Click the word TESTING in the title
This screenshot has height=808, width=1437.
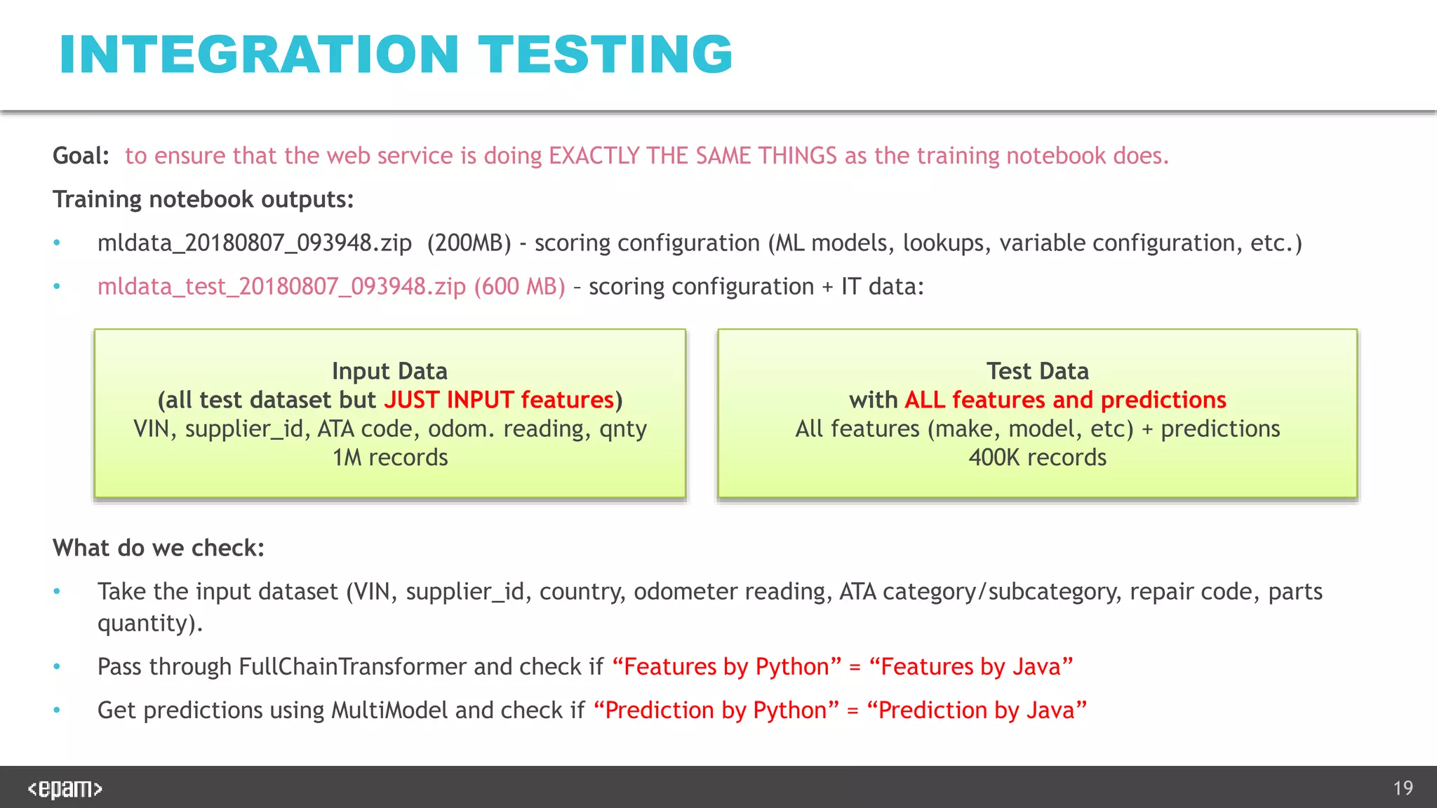point(605,55)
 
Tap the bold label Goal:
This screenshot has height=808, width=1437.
point(81,156)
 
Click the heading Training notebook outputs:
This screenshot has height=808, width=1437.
point(203,199)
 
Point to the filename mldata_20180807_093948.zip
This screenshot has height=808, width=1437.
point(254,243)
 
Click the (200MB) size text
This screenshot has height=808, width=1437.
point(469,243)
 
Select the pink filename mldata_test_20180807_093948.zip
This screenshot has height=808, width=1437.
point(281,287)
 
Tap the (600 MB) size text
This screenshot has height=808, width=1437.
point(519,287)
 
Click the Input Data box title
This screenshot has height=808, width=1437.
point(389,371)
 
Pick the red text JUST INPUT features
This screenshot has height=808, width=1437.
point(499,400)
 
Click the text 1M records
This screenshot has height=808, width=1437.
point(389,457)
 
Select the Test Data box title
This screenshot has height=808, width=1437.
point(1037,371)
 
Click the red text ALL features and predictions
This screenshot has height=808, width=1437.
point(1065,400)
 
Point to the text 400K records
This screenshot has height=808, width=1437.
point(1037,457)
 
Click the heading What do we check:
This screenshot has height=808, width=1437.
point(159,548)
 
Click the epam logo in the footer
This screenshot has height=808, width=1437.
point(65,788)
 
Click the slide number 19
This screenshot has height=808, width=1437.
point(1403,788)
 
